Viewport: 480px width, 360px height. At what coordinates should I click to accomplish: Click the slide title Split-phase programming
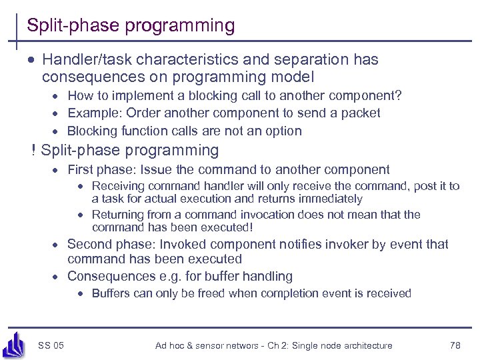click(x=131, y=26)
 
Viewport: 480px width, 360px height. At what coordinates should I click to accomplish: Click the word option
click(x=283, y=131)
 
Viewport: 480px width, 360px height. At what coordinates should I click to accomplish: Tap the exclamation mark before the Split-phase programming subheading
click(x=33, y=151)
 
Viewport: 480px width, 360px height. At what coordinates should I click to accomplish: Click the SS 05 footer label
click(x=51, y=345)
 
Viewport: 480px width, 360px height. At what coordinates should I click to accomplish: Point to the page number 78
click(x=455, y=345)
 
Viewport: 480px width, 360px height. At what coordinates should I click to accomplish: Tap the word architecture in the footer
click(x=363, y=345)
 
